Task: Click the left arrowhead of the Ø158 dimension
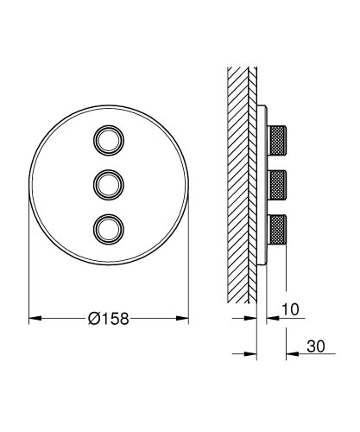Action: tap(35, 320)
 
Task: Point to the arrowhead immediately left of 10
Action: tap(270, 320)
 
